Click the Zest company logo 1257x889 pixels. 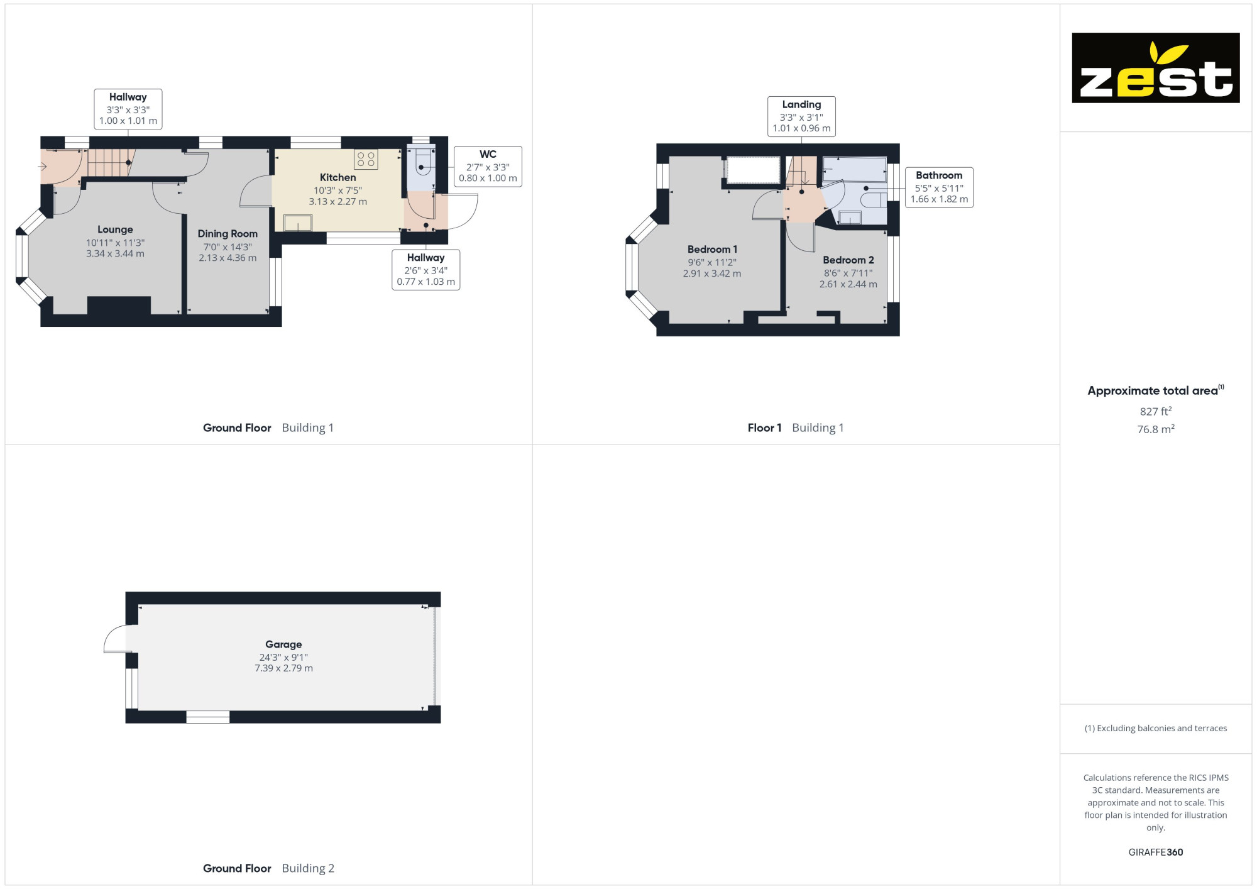[1155, 68]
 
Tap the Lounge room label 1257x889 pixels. [115, 229]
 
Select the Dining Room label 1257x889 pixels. [228, 234]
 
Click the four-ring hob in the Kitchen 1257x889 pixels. [366, 159]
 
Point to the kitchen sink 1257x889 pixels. [298, 223]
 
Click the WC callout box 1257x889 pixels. [488, 166]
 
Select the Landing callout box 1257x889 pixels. [801, 116]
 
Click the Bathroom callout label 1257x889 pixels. [939, 187]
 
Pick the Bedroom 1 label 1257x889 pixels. [712, 250]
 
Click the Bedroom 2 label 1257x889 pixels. [848, 260]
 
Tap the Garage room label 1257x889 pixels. [283, 644]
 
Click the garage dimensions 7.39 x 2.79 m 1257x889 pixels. [283, 668]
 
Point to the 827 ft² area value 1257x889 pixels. [1156, 411]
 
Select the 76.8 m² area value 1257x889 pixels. [1156, 429]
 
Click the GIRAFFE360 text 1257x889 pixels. [1156, 853]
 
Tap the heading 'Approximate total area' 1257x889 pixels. [1153, 390]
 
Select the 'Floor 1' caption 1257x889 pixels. [764, 428]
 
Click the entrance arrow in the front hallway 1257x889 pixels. [42, 167]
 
